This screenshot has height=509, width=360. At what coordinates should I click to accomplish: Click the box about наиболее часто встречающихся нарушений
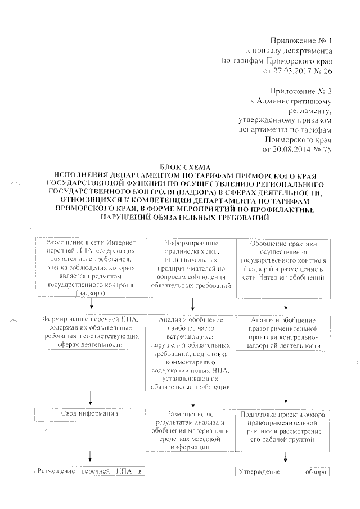click(x=192, y=352)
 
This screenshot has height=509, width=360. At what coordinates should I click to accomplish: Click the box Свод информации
click(x=89, y=415)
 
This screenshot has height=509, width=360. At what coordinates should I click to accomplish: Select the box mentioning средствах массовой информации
click(x=192, y=430)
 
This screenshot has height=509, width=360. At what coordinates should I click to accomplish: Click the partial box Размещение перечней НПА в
click(x=90, y=471)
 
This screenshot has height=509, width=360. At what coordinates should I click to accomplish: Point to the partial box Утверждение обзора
click(x=281, y=471)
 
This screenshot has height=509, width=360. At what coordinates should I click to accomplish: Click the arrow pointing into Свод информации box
click(x=90, y=399)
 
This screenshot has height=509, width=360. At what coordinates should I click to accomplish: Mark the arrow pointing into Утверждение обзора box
click(x=285, y=457)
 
